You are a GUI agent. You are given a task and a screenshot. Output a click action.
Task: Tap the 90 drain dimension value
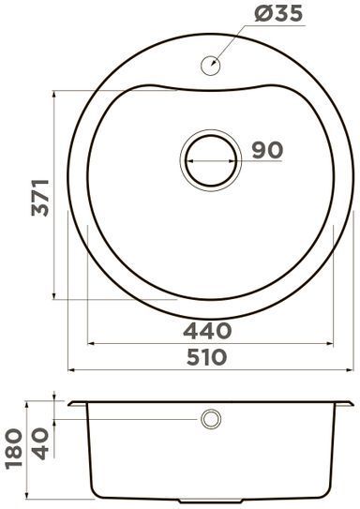pos(268,150)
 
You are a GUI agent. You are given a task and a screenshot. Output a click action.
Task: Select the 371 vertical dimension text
pos(39,196)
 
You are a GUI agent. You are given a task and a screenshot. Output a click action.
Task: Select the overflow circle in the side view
pos(209,418)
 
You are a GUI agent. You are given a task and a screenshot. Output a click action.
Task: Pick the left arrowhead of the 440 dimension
pos(91,341)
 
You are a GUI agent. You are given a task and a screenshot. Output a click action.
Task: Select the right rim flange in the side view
pos(346,404)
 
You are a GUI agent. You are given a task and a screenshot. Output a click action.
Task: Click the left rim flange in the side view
pos(75,404)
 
